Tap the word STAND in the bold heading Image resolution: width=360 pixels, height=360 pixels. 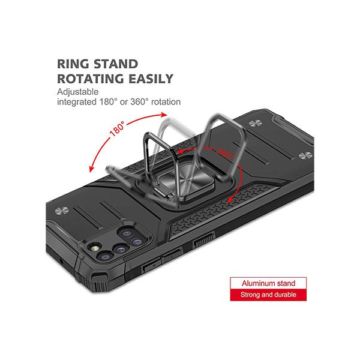coord(116,64)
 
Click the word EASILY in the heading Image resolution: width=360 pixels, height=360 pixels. coord(151,79)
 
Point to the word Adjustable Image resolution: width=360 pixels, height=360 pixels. coord(78,92)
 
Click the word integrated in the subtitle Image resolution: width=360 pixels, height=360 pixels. coord(77,102)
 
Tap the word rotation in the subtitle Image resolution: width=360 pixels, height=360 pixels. coord(166,102)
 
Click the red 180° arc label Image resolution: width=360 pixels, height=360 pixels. coord(118,128)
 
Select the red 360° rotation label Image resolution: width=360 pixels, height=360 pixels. coord(226,153)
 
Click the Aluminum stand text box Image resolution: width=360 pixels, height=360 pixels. coord(268,283)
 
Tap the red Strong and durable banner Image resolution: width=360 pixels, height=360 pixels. coord(268,295)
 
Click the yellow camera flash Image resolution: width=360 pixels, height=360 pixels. coord(95,248)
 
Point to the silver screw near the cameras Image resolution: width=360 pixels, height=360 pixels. coord(62,211)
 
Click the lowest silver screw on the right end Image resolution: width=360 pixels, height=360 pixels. coord(305,155)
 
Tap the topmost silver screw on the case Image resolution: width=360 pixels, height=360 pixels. coord(256,124)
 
